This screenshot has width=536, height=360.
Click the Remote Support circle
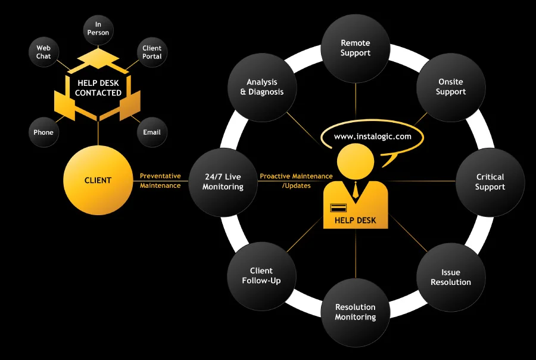click(x=356, y=48)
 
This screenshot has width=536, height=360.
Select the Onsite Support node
click(x=451, y=87)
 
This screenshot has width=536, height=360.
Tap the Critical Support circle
click(x=490, y=182)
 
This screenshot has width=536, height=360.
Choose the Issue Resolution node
click(x=451, y=277)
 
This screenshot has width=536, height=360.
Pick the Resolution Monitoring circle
click(x=356, y=312)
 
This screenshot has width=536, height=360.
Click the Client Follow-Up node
click(x=261, y=275)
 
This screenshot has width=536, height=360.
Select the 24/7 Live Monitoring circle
click(x=223, y=182)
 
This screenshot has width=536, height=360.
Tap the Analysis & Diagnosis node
click(x=262, y=87)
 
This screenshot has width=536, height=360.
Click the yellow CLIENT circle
click(x=98, y=181)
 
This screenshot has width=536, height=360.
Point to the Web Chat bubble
click(x=43, y=52)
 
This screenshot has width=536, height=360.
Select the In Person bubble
click(x=98, y=29)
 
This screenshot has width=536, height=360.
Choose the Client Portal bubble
click(x=152, y=52)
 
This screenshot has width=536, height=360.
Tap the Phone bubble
click(x=43, y=132)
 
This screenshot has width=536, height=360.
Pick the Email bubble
click(x=152, y=132)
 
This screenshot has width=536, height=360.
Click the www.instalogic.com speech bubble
click(x=372, y=136)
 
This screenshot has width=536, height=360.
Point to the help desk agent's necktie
click(x=356, y=190)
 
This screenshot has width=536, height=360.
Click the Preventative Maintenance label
click(x=160, y=181)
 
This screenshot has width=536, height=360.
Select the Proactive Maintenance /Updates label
click(x=296, y=181)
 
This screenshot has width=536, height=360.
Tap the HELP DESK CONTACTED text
click(x=98, y=88)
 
